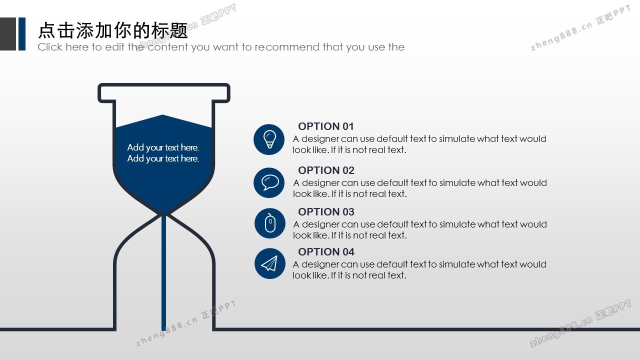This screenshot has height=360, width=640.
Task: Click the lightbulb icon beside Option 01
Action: [269, 139]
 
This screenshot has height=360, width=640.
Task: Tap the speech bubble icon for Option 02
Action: [269, 182]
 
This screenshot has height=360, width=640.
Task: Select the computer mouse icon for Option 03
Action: [269, 223]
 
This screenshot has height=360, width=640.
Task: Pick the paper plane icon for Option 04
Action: [269, 263]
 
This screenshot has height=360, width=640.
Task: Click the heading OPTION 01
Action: [326, 126]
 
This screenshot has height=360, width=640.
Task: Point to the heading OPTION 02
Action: [326, 170]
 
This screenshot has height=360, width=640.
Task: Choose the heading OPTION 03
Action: [326, 211]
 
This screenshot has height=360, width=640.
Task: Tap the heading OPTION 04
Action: [326, 251]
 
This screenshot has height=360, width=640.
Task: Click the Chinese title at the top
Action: [113, 30]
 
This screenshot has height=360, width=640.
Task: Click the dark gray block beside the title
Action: [8, 34]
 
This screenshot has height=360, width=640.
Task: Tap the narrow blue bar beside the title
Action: [22, 34]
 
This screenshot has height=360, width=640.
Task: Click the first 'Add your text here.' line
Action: [163, 147]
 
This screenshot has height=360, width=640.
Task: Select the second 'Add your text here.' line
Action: [163, 158]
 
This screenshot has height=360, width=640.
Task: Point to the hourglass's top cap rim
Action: [164, 85]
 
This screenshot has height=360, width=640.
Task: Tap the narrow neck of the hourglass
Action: [164, 214]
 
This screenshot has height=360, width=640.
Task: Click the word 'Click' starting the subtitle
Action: [50, 47]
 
